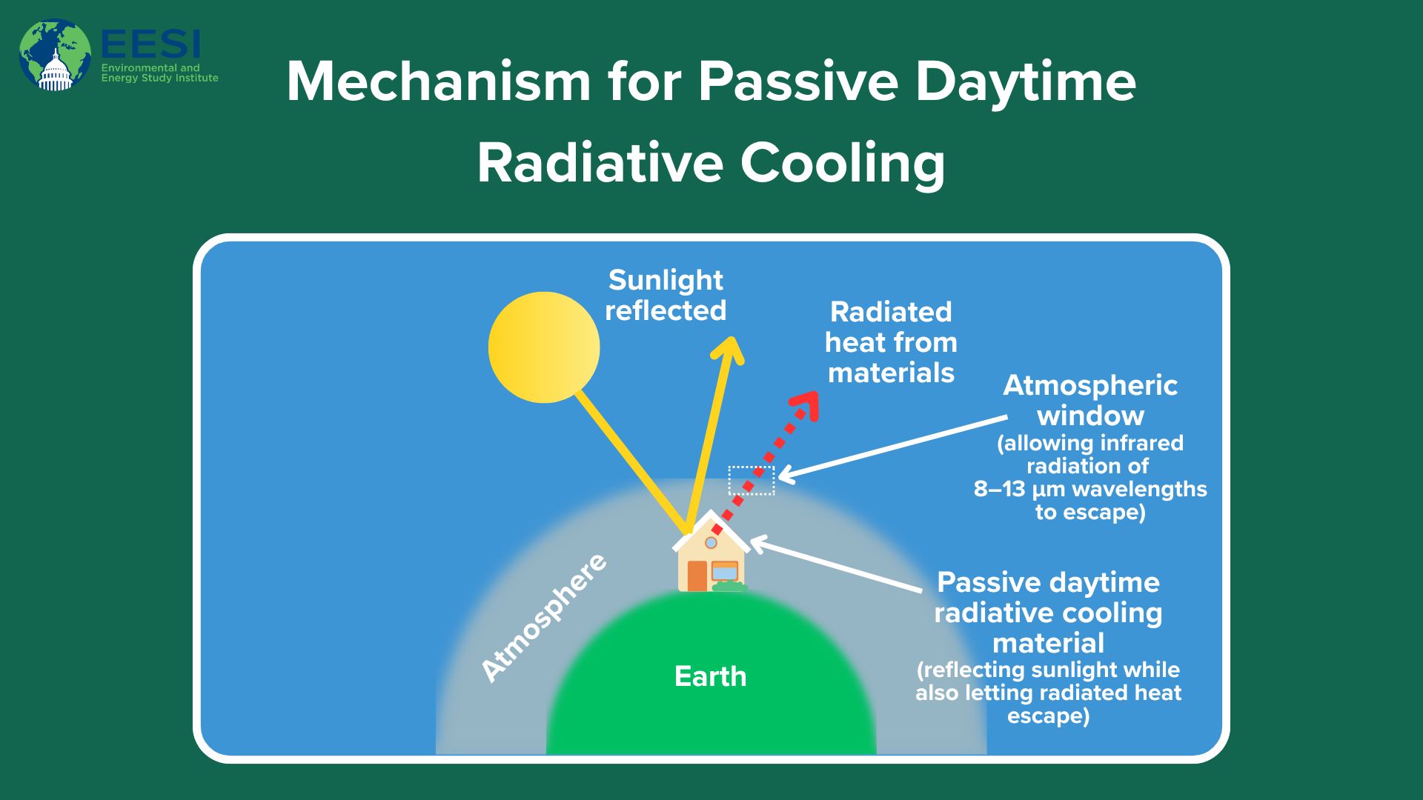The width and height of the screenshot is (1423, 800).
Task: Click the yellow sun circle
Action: (x=544, y=347)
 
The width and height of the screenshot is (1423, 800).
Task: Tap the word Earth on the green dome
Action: (x=710, y=676)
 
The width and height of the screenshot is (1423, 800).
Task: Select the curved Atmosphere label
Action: (x=544, y=617)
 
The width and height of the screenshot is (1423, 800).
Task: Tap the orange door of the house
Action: (x=697, y=576)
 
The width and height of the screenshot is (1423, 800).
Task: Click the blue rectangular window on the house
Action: (x=725, y=572)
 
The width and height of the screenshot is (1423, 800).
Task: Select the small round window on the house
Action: (x=711, y=543)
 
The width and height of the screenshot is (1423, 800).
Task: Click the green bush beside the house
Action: (x=729, y=587)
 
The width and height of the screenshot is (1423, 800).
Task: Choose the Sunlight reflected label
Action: (x=666, y=296)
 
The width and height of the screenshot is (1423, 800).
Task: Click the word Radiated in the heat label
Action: (x=891, y=312)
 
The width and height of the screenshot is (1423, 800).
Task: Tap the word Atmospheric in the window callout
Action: (x=1090, y=385)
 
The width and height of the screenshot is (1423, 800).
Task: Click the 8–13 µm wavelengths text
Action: (x=1090, y=489)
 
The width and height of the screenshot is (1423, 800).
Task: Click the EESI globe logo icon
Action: (x=55, y=55)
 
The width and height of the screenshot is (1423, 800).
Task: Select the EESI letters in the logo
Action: (x=150, y=44)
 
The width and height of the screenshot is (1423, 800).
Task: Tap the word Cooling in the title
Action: (x=843, y=163)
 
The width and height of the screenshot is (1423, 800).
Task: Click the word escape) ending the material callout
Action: (x=1048, y=716)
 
